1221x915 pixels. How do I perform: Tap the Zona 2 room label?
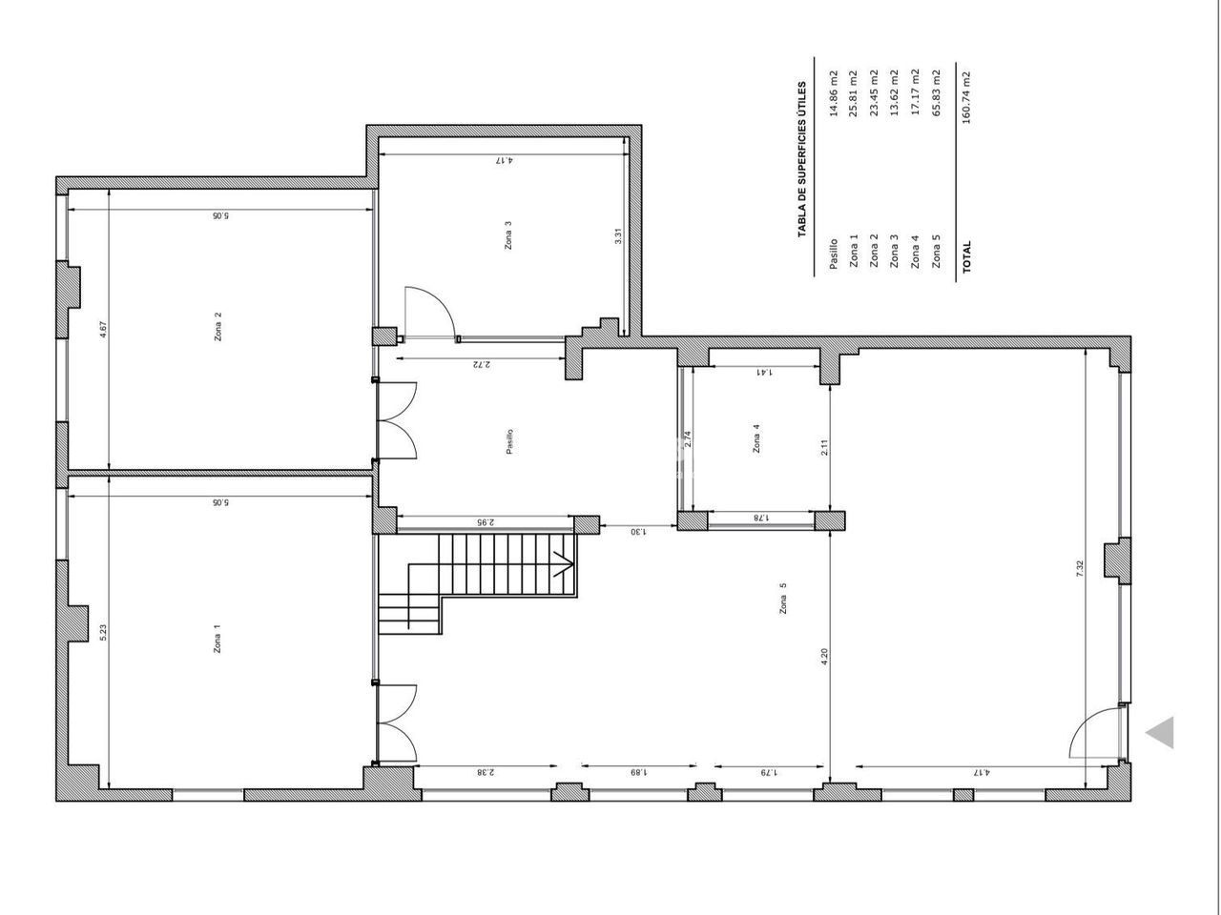[218, 327]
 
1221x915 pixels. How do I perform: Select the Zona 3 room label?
[507, 235]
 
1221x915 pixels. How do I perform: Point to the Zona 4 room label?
[755, 438]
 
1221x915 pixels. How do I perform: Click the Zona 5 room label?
[783, 598]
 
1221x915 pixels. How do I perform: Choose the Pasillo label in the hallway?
[509, 441]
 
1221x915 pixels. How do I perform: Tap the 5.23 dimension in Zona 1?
[103, 633]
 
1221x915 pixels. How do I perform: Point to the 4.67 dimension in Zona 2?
[103, 330]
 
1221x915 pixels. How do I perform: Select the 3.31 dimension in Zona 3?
[618, 236]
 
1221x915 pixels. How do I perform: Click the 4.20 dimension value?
[824, 657]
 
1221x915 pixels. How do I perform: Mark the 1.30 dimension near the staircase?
[638, 532]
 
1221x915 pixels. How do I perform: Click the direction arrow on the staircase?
[564, 565]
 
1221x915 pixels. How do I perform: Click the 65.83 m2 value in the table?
[936, 92]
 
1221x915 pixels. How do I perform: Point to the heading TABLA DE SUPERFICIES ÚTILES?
[801, 160]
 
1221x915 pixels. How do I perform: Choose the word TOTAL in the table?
[966, 256]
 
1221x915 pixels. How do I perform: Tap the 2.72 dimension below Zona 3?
[482, 364]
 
